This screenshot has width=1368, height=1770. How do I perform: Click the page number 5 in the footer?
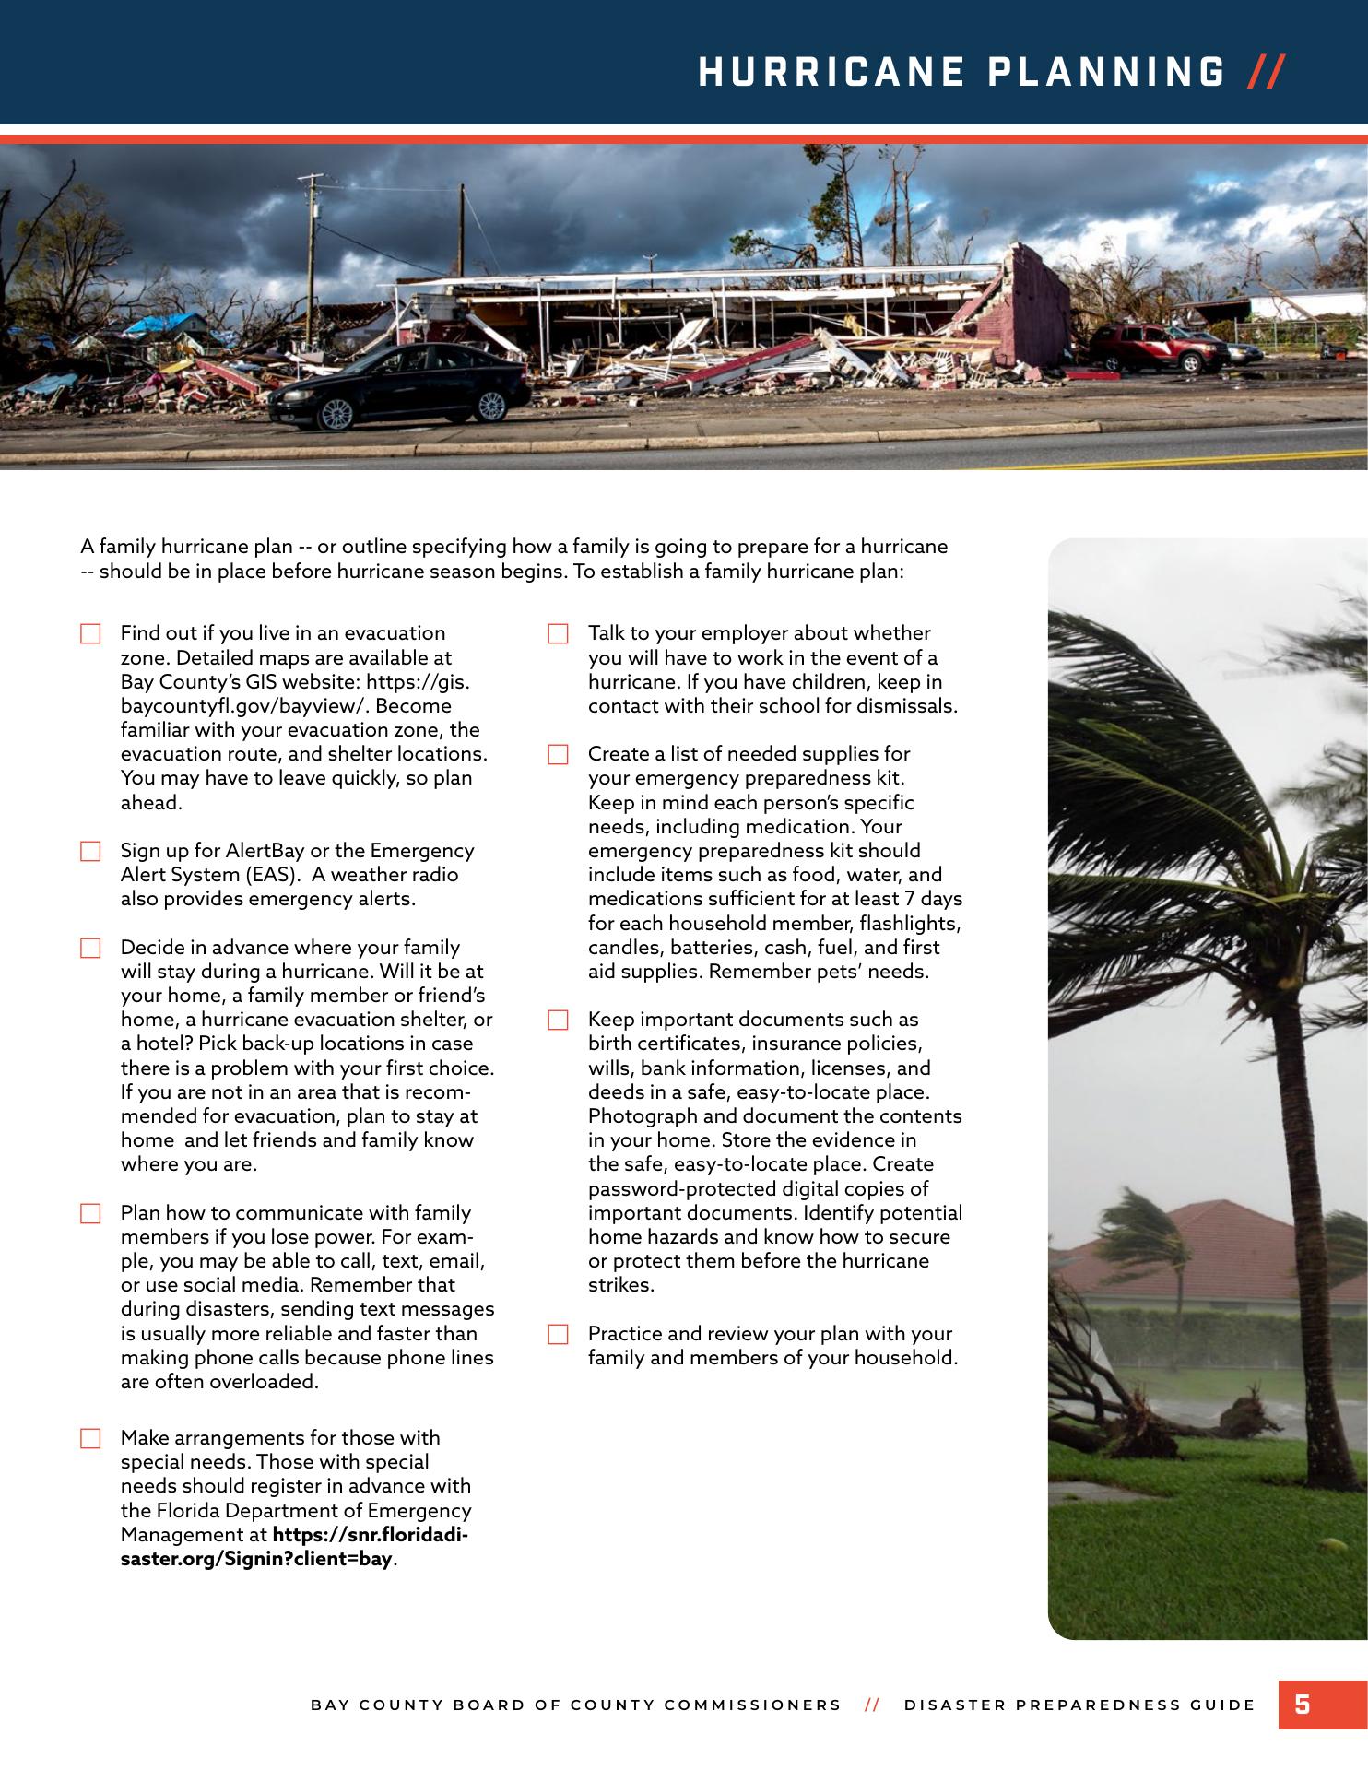pyautogui.click(x=1302, y=1704)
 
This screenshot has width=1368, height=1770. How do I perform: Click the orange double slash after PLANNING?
pyautogui.click(x=1266, y=72)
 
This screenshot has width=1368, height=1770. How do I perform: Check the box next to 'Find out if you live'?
pyautogui.click(x=90, y=634)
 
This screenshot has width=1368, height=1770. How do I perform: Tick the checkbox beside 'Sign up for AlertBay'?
pyautogui.click(x=90, y=852)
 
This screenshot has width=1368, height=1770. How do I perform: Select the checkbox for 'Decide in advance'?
pyautogui.click(x=90, y=949)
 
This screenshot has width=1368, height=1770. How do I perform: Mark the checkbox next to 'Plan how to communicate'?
pyautogui.click(x=90, y=1214)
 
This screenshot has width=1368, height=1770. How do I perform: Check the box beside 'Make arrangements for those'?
pyautogui.click(x=90, y=1439)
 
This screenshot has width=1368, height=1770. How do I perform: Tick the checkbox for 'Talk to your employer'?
pyautogui.click(x=558, y=634)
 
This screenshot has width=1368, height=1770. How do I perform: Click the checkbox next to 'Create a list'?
pyautogui.click(x=558, y=755)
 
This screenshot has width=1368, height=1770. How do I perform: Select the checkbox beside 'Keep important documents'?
pyautogui.click(x=558, y=1021)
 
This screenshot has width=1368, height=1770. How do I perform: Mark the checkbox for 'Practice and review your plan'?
pyautogui.click(x=558, y=1335)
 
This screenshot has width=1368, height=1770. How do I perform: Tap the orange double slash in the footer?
pyautogui.click(x=872, y=1705)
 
